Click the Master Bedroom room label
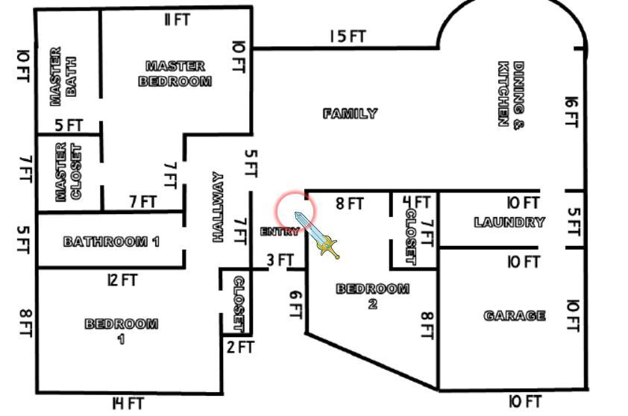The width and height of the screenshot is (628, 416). click(x=175, y=74)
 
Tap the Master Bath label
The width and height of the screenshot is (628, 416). click(x=63, y=77)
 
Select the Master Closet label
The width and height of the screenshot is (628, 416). click(x=68, y=171)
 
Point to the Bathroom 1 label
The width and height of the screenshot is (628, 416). click(x=111, y=242)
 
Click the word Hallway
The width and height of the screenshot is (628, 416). click(x=218, y=207)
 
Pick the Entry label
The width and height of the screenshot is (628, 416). click(x=280, y=231)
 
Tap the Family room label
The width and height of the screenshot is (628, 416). click(x=350, y=114)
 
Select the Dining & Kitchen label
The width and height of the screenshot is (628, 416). click(x=511, y=94)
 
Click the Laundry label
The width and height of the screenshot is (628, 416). click(x=509, y=222)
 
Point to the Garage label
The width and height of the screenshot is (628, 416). click(x=515, y=316)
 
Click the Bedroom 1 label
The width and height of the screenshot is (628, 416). click(x=122, y=331)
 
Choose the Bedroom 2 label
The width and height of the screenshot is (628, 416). click(x=372, y=296)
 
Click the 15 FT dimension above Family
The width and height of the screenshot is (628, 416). click(x=348, y=37)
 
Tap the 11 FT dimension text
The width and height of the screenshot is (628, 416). click(x=177, y=19)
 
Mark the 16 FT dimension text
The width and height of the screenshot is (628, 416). click(x=571, y=112)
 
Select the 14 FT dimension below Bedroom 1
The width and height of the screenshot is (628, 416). click(x=128, y=403)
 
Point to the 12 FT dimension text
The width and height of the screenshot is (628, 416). click(x=122, y=280)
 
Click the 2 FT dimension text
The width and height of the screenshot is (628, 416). click(x=240, y=347)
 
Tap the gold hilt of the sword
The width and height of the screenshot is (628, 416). click(x=328, y=245)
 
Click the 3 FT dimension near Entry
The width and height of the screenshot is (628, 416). click(x=280, y=260)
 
